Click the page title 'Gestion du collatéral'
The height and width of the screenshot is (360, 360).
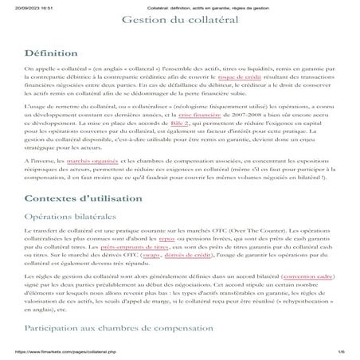(x=179, y=19)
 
